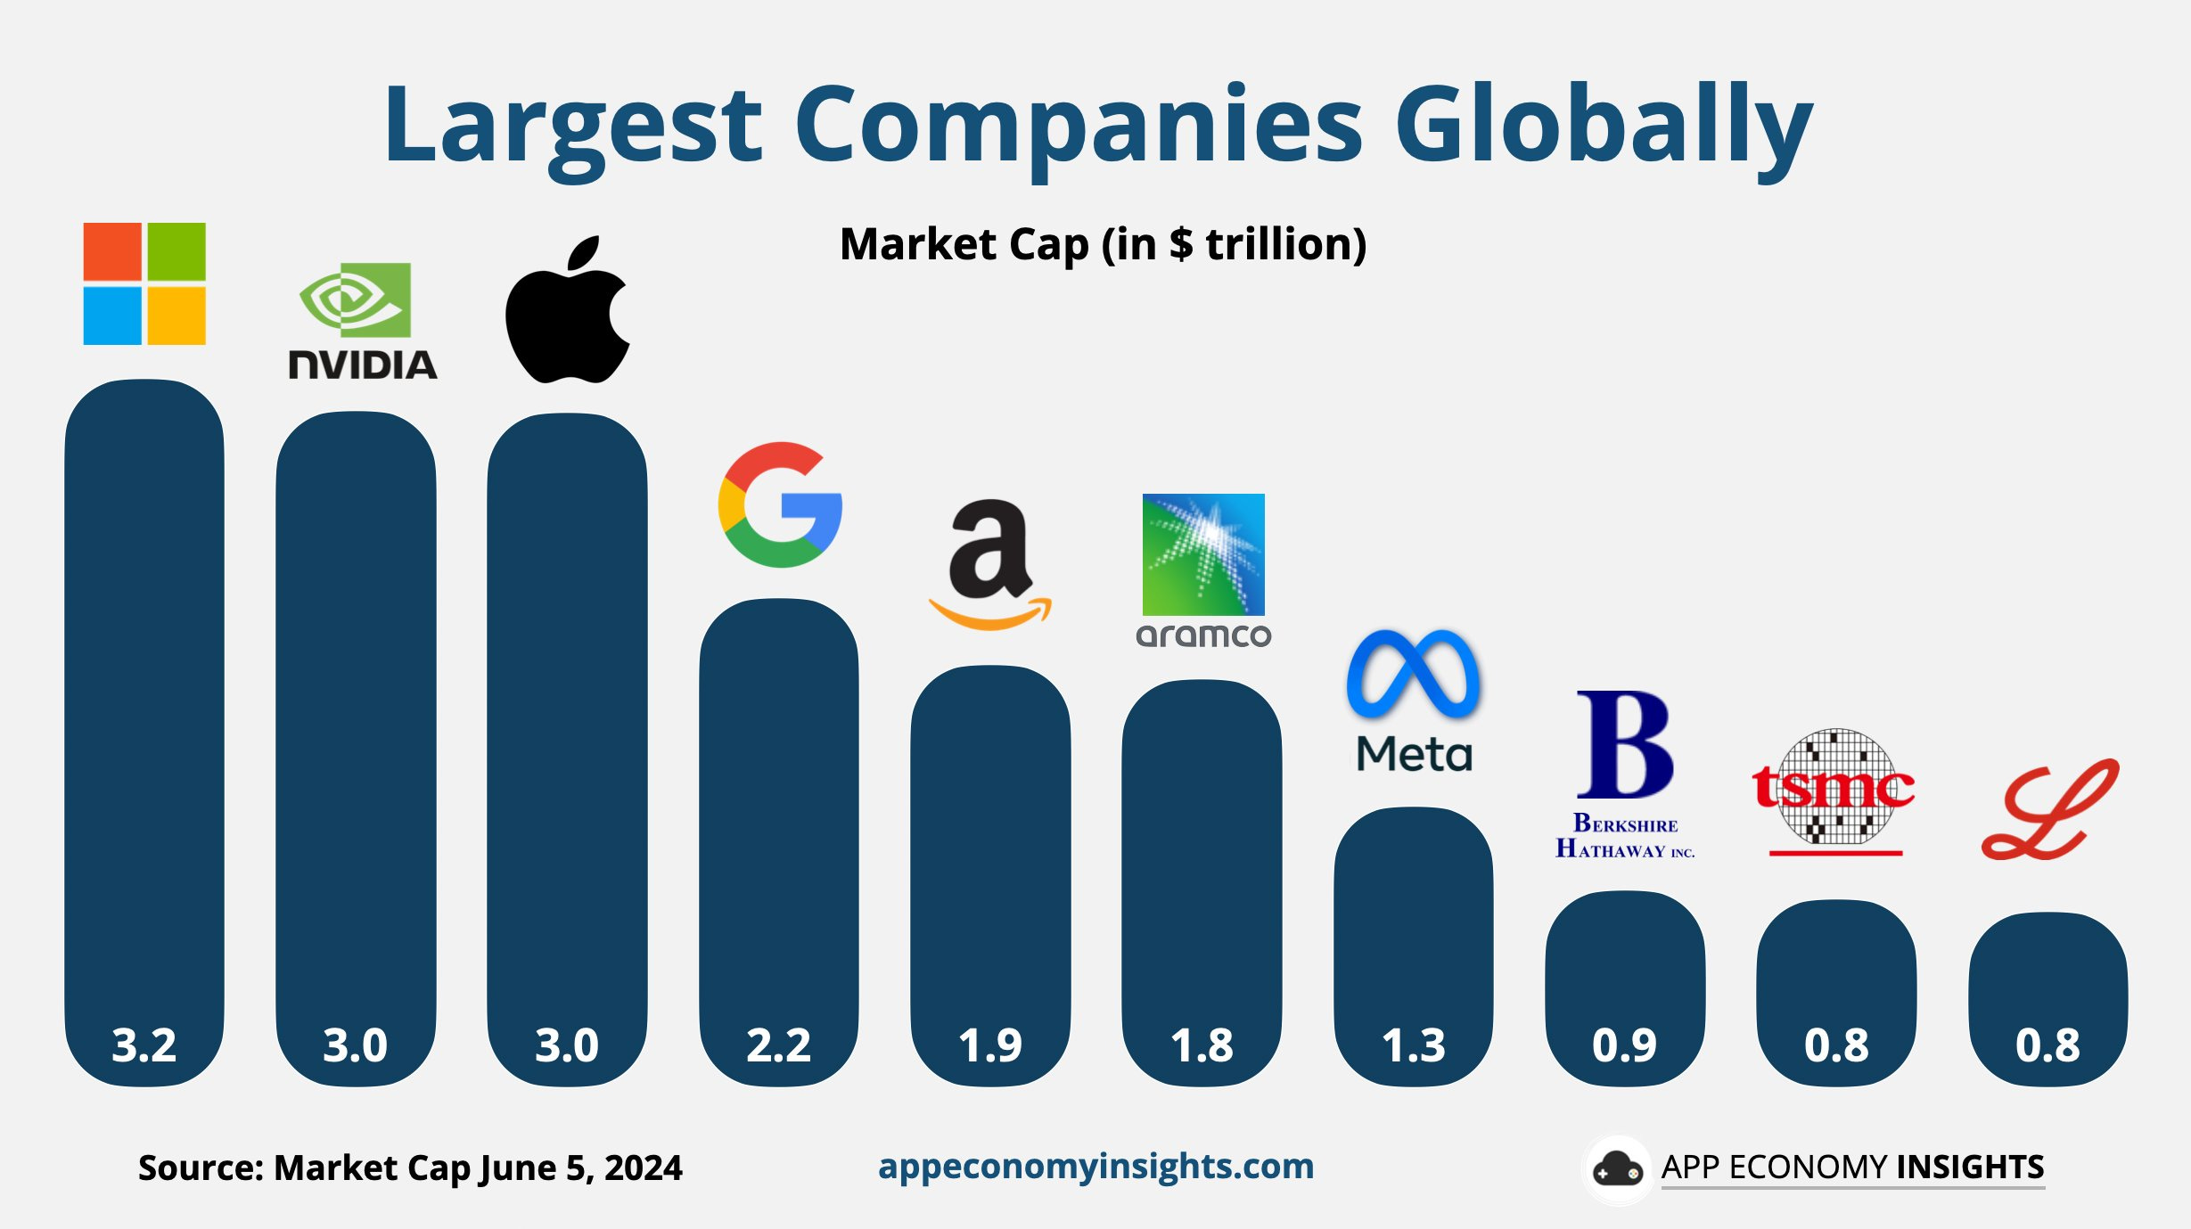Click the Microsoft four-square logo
coord(144,283)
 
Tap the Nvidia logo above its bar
coord(361,321)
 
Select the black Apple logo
coord(567,312)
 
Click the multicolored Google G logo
coord(780,504)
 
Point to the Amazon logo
coord(989,564)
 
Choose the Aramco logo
coord(1203,570)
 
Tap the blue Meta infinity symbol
coord(1413,675)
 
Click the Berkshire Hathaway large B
coord(1624,744)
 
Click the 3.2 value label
coord(144,1045)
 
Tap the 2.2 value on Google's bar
coord(778,1045)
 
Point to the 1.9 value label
coord(990,1045)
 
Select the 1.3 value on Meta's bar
coord(1414,1045)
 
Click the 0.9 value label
coord(1624,1045)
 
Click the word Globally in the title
coord(1603,125)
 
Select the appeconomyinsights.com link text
coord(1095,1166)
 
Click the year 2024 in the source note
coord(643,1168)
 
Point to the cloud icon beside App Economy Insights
coord(1617,1168)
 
